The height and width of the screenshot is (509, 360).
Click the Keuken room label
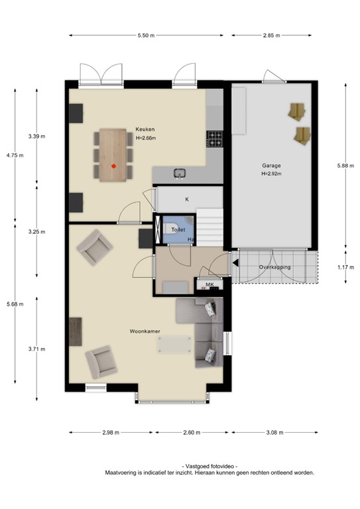tap(145, 130)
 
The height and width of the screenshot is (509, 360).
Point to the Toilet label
tap(178, 229)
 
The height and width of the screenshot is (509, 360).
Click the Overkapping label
tap(274, 267)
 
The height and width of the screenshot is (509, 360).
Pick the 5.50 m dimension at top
tap(147, 34)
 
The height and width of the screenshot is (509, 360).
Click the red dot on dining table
tap(114, 166)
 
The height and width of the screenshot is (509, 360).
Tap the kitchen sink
tap(180, 174)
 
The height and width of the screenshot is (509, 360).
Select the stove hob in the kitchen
tap(215, 139)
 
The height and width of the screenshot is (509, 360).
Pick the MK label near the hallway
tap(210, 285)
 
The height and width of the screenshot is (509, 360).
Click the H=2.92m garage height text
tap(270, 174)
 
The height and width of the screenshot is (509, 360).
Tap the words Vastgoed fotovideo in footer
tap(208, 467)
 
